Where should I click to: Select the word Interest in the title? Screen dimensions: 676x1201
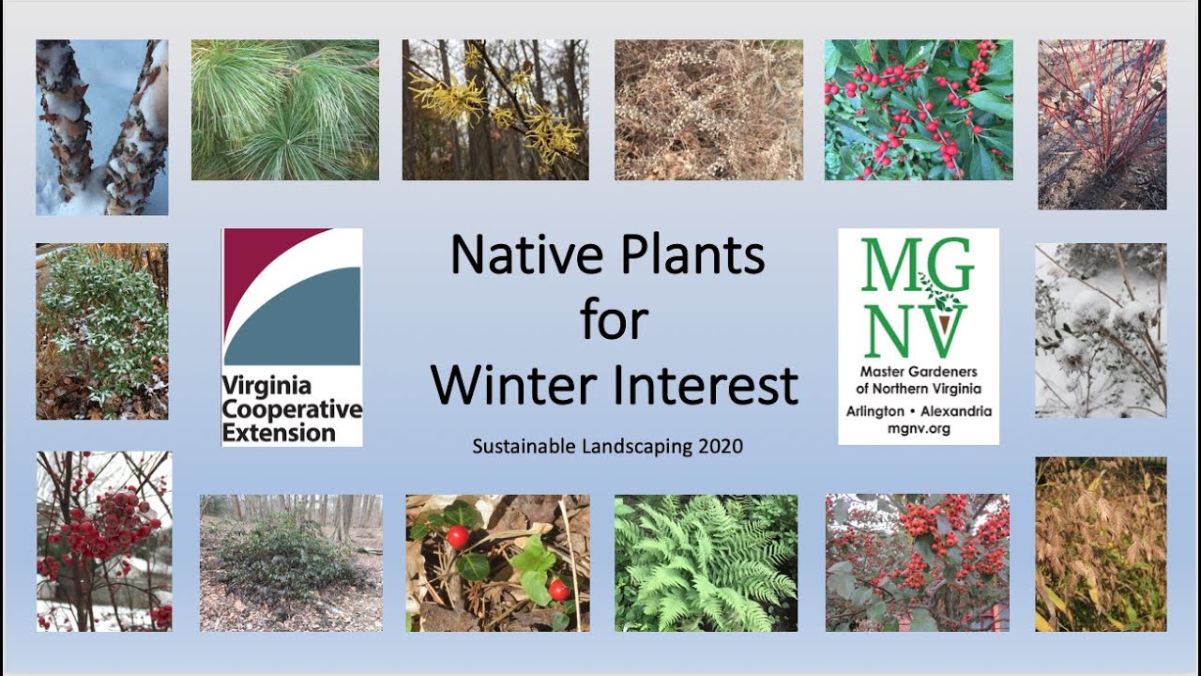[x=713, y=385]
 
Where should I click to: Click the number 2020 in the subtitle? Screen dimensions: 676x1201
[x=721, y=446]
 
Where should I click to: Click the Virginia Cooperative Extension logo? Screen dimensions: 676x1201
[x=292, y=336]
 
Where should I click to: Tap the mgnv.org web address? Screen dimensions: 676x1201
[x=919, y=428]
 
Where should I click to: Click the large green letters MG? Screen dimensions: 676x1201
[x=918, y=267]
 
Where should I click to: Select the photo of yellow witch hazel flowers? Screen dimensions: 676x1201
[x=495, y=109]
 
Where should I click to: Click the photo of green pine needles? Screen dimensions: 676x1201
[x=285, y=109]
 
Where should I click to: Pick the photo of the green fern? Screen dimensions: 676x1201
[x=706, y=562]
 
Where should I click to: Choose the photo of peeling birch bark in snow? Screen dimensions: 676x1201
[x=102, y=127]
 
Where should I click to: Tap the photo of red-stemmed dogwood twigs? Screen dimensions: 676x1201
[x=1102, y=124]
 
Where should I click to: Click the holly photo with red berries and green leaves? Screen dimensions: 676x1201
[x=919, y=109]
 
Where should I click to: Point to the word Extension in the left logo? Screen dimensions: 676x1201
[x=279, y=433]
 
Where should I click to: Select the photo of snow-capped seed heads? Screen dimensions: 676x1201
[x=1101, y=330]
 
